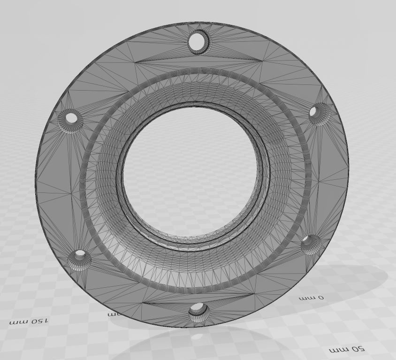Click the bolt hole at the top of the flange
point(199,42)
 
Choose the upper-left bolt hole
point(71,118)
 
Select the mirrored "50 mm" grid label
point(347,349)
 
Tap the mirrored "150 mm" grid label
point(29,322)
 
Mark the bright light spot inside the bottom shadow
point(197,336)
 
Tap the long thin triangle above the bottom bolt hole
point(197,299)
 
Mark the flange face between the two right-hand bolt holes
point(328,178)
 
